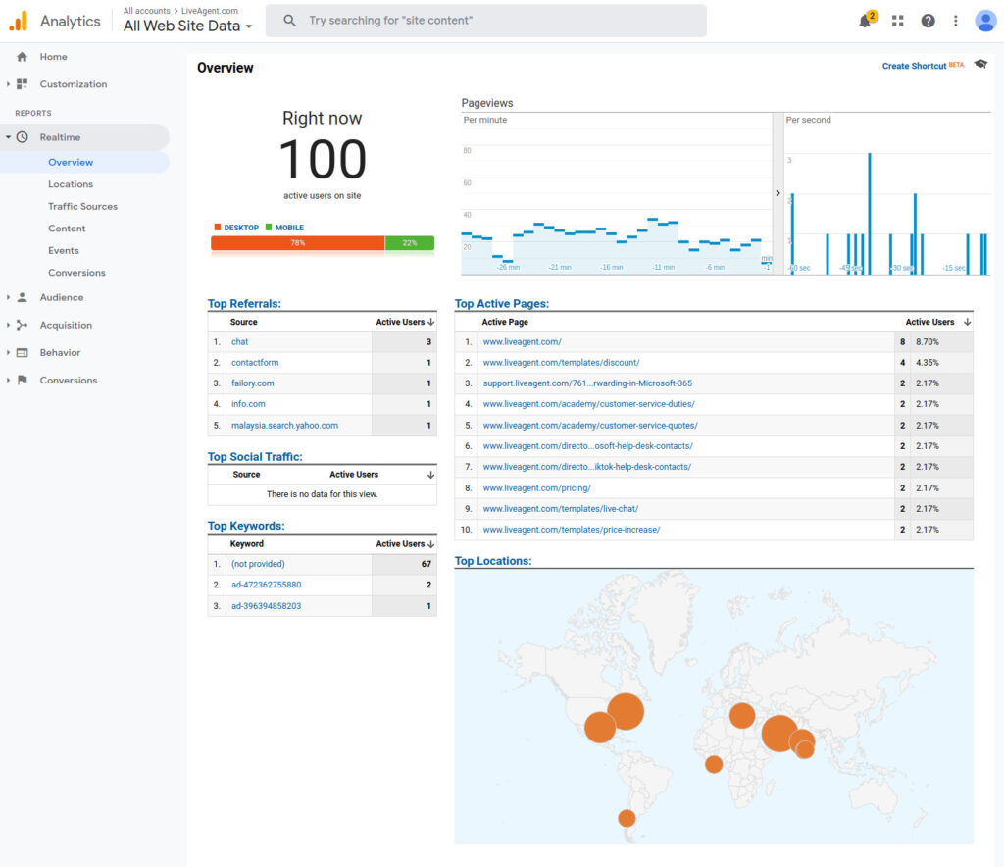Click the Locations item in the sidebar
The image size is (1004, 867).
71,184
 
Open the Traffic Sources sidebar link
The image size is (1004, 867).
82,206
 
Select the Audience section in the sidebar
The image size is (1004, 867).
61,297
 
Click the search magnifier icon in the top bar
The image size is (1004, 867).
289,21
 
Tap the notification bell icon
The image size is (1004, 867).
865,21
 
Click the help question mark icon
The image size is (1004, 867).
928,21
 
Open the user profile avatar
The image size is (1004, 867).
985,21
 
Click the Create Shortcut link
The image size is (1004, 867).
914,66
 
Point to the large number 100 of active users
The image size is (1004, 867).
323,159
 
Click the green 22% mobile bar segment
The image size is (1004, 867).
410,243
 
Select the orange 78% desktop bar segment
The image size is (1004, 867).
297,243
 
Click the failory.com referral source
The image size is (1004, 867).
252,383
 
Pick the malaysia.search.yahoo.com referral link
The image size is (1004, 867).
284,426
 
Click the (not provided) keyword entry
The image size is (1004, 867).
258,564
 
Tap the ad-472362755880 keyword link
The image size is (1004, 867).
266,585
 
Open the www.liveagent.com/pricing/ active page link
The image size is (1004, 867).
536,487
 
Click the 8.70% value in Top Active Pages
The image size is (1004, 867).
927,341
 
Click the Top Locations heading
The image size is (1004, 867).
493,561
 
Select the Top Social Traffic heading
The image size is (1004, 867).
255,457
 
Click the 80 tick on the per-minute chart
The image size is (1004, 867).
467,151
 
